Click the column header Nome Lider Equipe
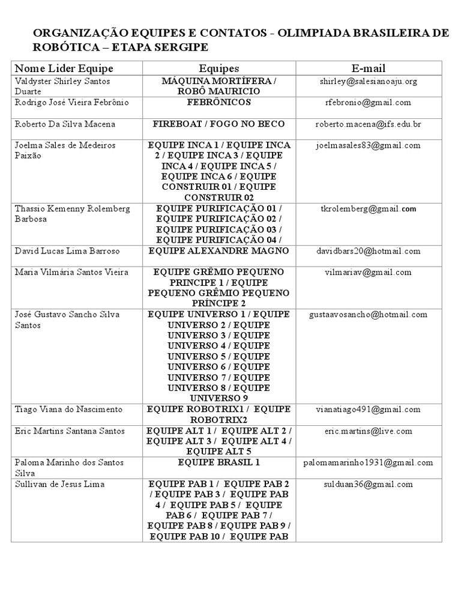point(64,68)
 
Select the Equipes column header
point(218,68)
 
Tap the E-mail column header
point(369,68)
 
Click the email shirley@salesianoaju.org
point(369,81)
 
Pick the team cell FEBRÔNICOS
point(218,103)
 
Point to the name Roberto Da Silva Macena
point(65,124)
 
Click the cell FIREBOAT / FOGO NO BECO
point(218,124)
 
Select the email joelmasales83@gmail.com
point(369,145)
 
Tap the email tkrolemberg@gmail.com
point(369,209)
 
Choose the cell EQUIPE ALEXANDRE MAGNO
point(218,250)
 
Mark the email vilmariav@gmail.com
point(369,272)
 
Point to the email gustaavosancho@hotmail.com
point(369,314)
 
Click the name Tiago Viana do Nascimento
point(68,409)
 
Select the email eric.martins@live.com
point(369,431)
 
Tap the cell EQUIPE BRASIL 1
point(218,462)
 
